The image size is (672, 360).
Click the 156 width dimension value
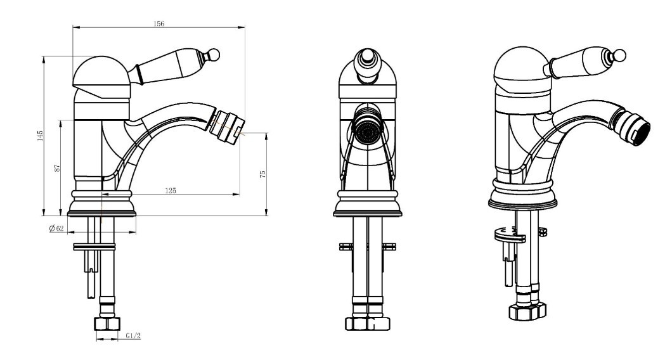pyautogui.click(x=158, y=23)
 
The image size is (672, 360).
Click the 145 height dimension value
pyautogui.click(x=40, y=136)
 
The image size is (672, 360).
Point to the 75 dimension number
pyautogui.click(x=262, y=174)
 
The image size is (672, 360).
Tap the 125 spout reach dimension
pyautogui.click(x=171, y=190)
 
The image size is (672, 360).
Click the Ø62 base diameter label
pyautogui.click(x=56, y=228)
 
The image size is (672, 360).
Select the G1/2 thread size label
pyautogui.click(x=133, y=335)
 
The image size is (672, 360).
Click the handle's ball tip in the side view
pyautogui.click(x=213, y=55)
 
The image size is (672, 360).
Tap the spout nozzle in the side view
pyautogui.click(x=226, y=128)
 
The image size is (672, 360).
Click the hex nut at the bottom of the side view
pyautogui.click(x=107, y=324)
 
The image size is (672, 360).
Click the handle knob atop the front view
pyautogui.click(x=367, y=64)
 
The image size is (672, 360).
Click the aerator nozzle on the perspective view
pyautogui.click(x=631, y=127)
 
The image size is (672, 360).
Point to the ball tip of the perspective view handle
pyautogui.click(x=619, y=56)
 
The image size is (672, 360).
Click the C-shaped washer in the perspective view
pyautogui.click(x=510, y=236)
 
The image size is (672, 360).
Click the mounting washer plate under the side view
pyautogui.click(x=94, y=247)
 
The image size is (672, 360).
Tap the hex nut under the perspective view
pyautogui.click(x=527, y=311)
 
